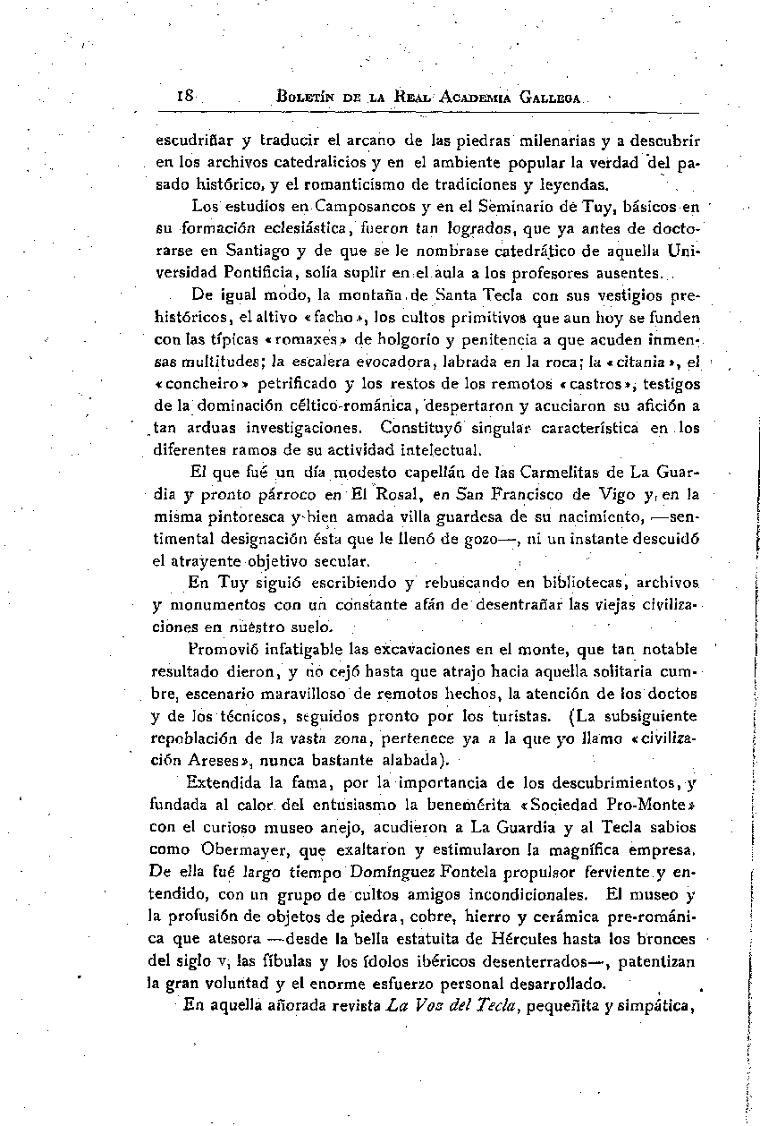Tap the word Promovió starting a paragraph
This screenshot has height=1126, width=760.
(224, 648)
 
